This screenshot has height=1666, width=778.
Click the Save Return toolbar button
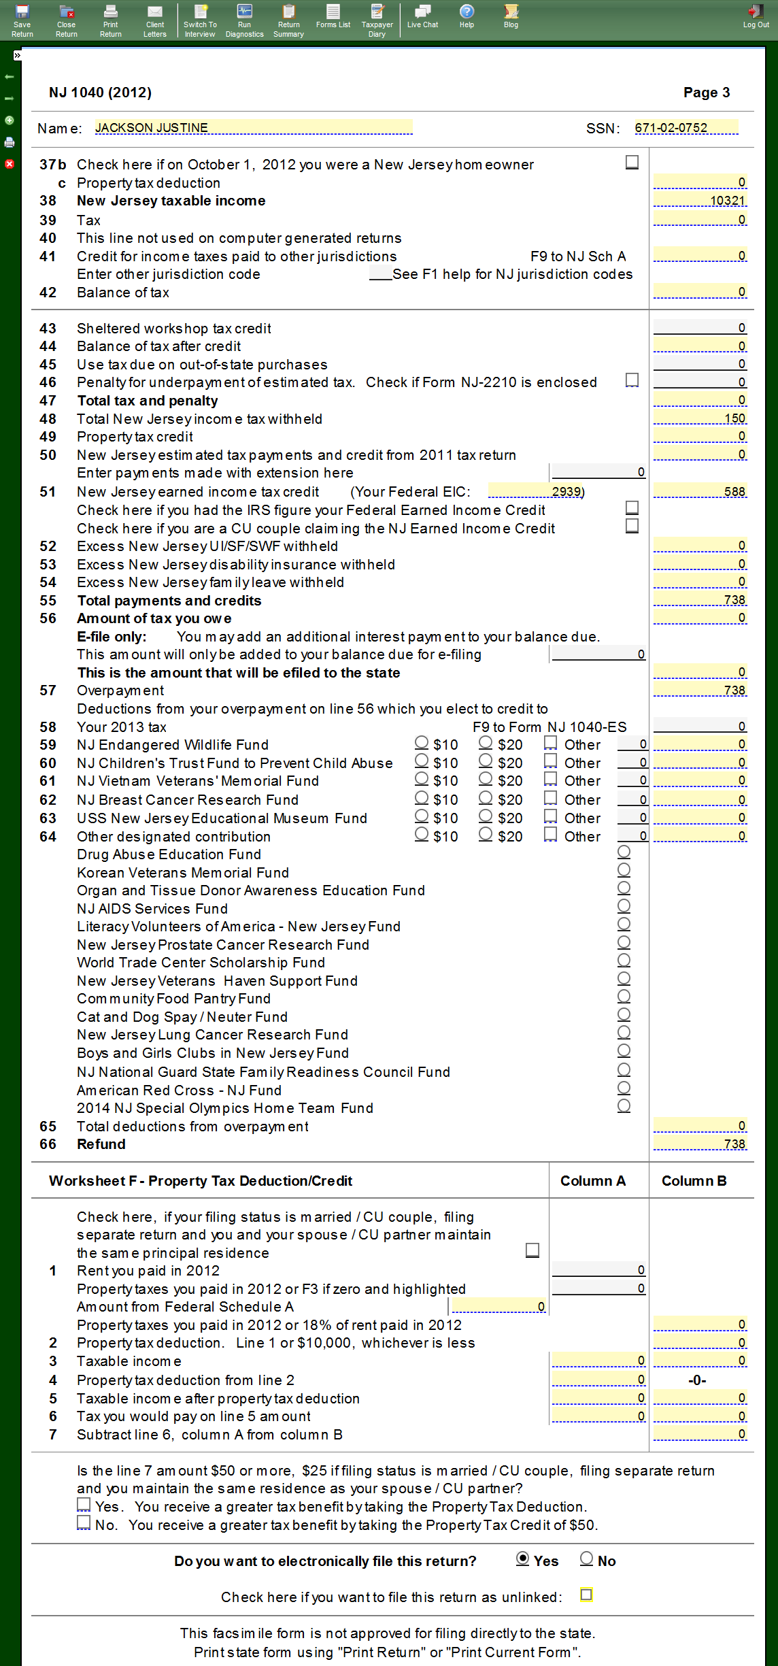point(22,20)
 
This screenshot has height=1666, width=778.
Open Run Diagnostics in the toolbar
point(244,20)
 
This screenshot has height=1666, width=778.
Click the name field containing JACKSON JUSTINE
point(253,128)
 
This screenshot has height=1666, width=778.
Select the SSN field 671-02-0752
point(685,128)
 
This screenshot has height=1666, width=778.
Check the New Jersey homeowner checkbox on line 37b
point(632,163)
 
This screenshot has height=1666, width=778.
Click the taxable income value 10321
point(700,201)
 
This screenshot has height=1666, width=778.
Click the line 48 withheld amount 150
point(700,418)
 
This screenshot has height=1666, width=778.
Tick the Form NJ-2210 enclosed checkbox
point(632,380)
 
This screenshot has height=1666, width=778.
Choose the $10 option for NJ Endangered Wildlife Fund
point(422,743)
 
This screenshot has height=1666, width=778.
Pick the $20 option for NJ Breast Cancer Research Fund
point(486,798)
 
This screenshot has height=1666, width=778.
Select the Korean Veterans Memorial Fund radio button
point(624,870)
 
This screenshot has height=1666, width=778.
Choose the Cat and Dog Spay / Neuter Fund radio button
point(624,1014)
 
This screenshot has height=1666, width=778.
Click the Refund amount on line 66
point(700,1144)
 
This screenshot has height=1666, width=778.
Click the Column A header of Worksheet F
point(592,1181)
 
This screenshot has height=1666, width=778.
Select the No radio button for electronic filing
point(586,1559)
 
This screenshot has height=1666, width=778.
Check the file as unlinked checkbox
point(586,1595)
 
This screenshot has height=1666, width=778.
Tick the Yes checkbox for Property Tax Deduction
point(84,1505)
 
